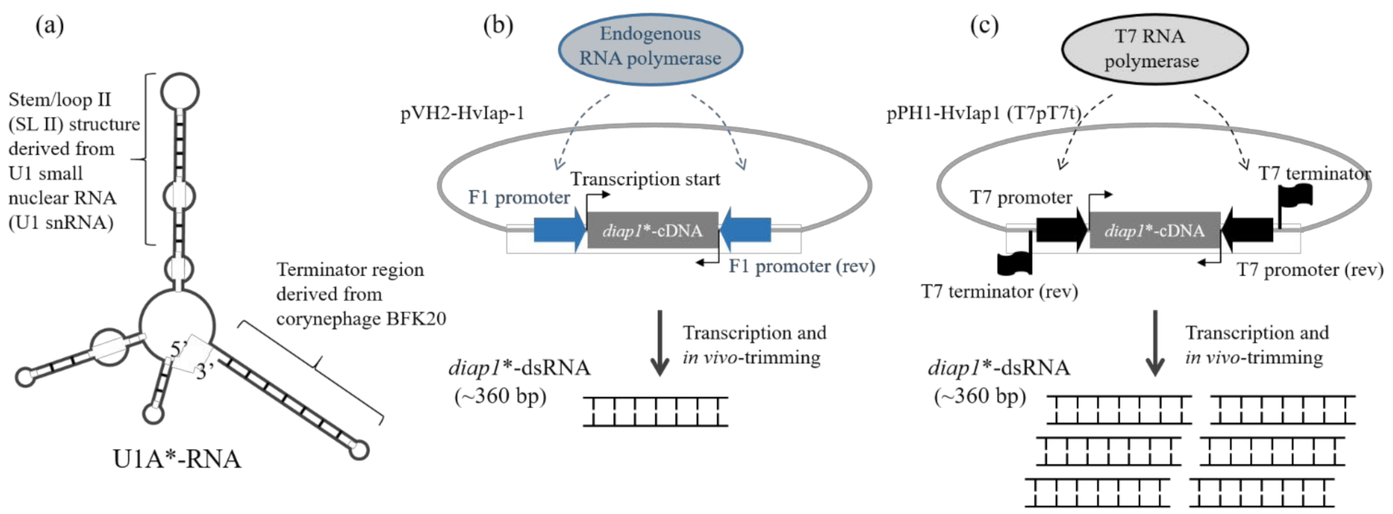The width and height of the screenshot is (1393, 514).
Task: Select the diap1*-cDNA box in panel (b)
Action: (x=652, y=231)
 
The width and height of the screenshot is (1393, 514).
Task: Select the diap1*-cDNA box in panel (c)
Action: (x=1154, y=231)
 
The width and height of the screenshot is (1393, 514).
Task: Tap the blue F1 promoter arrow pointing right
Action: (x=559, y=230)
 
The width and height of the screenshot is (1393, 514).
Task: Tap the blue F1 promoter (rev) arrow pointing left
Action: (x=746, y=230)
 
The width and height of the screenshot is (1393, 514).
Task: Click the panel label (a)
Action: (x=50, y=26)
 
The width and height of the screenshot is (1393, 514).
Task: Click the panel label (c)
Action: (x=983, y=26)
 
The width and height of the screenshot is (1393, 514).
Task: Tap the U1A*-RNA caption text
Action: (x=176, y=459)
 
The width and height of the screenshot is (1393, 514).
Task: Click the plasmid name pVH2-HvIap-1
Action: (x=462, y=114)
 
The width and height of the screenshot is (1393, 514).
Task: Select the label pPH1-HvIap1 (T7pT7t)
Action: (x=983, y=114)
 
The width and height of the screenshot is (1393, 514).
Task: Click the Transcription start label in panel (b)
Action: (x=645, y=179)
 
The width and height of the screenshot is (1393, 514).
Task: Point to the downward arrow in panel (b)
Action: (x=660, y=343)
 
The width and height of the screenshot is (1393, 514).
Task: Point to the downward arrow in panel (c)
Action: (x=1155, y=343)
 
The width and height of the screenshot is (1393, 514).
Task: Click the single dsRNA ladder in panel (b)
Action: (x=655, y=412)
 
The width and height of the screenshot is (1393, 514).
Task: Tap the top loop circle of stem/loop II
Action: (x=179, y=93)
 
